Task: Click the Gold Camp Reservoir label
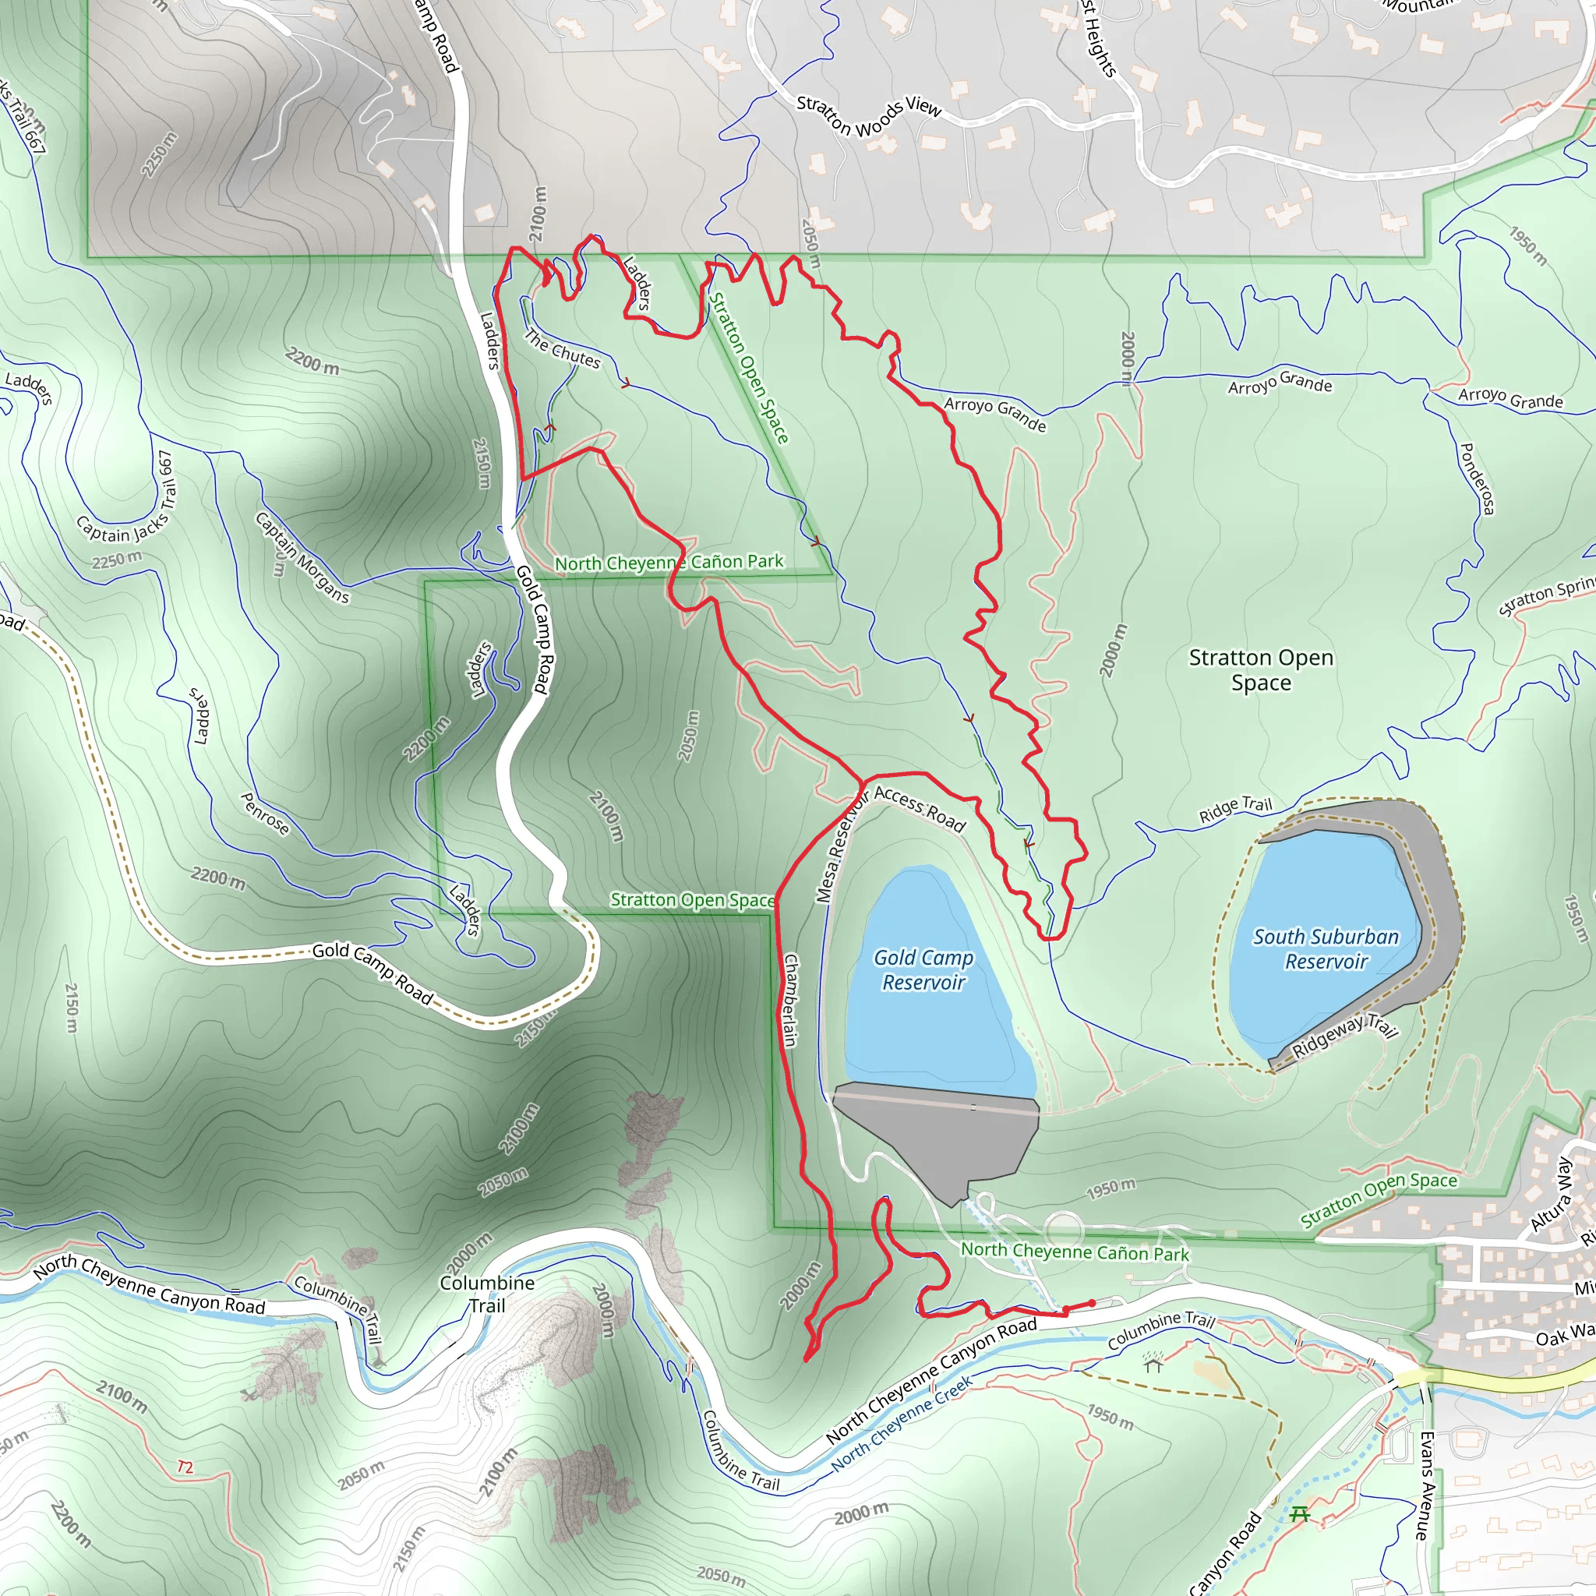click(x=923, y=969)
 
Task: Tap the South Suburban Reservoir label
click(x=1326, y=948)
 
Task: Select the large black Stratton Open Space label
click(x=1261, y=670)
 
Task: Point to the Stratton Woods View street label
click(x=869, y=115)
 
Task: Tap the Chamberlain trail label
click(x=789, y=1001)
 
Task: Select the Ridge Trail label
click(x=1235, y=810)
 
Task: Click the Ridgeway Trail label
click(x=1345, y=1036)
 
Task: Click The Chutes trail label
click(x=563, y=349)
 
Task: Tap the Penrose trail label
click(x=264, y=814)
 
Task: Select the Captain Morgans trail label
click(x=302, y=558)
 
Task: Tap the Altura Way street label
click(x=1552, y=1195)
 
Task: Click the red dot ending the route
click(x=1092, y=1304)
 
